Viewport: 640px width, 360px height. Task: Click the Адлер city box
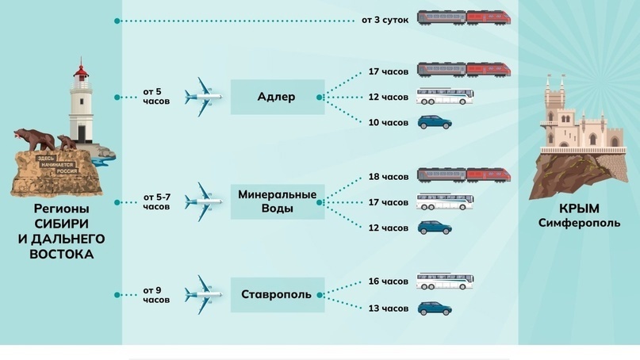coord(278,97)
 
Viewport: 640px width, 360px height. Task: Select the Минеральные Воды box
coord(278,201)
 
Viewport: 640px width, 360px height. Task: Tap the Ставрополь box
coord(278,295)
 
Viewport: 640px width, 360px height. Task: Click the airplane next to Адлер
coord(203,98)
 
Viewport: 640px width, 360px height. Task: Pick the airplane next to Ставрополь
coord(203,295)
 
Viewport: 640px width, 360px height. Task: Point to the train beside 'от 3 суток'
coord(464,18)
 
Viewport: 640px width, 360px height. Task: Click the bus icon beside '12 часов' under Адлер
coord(445,96)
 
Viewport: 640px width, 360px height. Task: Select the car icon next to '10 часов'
coord(435,122)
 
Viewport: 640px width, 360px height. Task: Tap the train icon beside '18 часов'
coord(464,175)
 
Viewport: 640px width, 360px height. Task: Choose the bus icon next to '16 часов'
coord(445,281)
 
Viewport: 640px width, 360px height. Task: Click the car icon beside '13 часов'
coord(435,308)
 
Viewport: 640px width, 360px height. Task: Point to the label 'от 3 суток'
coord(385,20)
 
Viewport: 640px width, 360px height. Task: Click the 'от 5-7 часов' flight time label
coord(157,202)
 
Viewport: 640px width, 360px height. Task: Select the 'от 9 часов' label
coord(156,295)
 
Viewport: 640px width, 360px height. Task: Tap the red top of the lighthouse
coord(81,71)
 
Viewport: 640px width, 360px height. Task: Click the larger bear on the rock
coord(35,140)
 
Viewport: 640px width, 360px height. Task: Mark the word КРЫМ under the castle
coord(579,209)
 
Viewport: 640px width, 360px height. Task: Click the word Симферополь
coord(579,224)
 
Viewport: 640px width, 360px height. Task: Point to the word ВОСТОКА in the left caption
coord(62,255)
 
